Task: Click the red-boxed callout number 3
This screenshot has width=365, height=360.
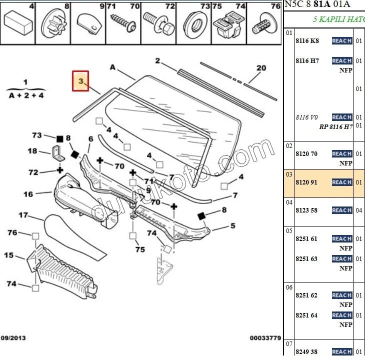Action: [x=80, y=80]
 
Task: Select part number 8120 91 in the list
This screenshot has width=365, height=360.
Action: [x=306, y=182]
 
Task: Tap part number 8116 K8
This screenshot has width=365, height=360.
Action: [x=307, y=41]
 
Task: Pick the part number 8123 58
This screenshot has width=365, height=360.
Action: [x=306, y=210]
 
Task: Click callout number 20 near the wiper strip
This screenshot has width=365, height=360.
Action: [x=261, y=68]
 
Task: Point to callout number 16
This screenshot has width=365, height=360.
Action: [x=28, y=194]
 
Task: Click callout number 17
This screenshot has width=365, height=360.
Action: [x=23, y=215]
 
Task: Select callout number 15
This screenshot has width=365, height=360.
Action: [x=9, y=255]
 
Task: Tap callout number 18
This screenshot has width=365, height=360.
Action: [x=32, y=151]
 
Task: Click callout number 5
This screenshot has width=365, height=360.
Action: [x=232, y=226]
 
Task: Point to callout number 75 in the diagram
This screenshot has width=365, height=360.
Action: [x=140, y=249]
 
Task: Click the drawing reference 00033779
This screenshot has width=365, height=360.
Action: [x=265, y=338]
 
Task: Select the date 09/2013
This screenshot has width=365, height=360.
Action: [x=14, y=338]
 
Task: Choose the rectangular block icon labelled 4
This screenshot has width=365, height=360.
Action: [x=17, y=22]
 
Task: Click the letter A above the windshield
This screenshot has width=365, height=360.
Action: [x=112, y=67]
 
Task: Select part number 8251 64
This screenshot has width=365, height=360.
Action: [x=306, y=315]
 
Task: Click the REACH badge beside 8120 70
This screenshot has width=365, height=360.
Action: [x=341, y=154]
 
